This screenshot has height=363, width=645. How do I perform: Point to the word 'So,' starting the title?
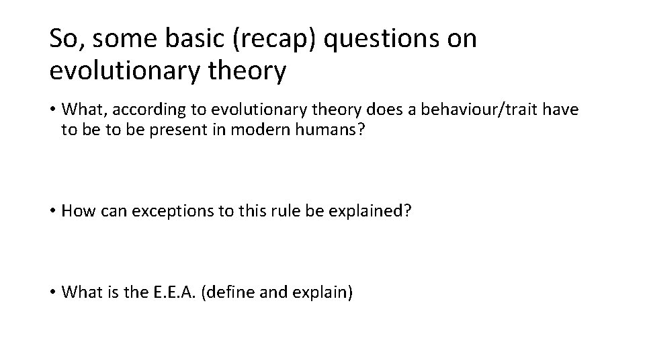coord(68,39)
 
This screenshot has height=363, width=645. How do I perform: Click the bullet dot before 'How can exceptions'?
coord(53,211)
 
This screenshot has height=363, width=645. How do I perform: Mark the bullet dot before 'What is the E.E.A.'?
coord(53,293)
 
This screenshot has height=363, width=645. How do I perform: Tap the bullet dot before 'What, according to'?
coord(53,110)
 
